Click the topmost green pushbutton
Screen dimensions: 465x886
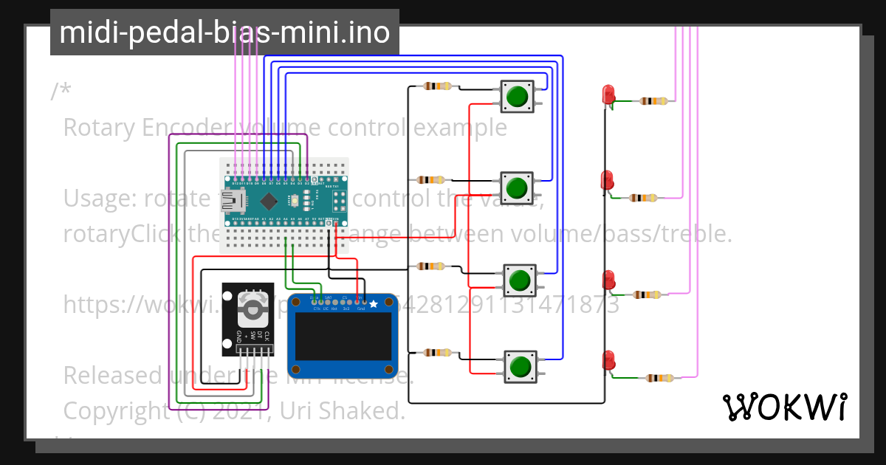(518, 96)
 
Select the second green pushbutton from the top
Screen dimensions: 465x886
(516, 187)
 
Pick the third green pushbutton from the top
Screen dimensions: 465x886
(520, 280)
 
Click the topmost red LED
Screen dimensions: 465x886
(608, 94)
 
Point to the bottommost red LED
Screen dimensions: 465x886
(609, 359)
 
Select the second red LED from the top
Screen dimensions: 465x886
(608, 180)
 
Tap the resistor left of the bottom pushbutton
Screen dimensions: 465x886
(436, 354)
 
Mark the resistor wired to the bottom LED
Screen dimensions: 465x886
(661, 379)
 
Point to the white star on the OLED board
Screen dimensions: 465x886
(374, 303)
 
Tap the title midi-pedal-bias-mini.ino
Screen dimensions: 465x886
(224, 32)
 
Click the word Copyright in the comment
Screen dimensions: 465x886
(118, 410)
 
